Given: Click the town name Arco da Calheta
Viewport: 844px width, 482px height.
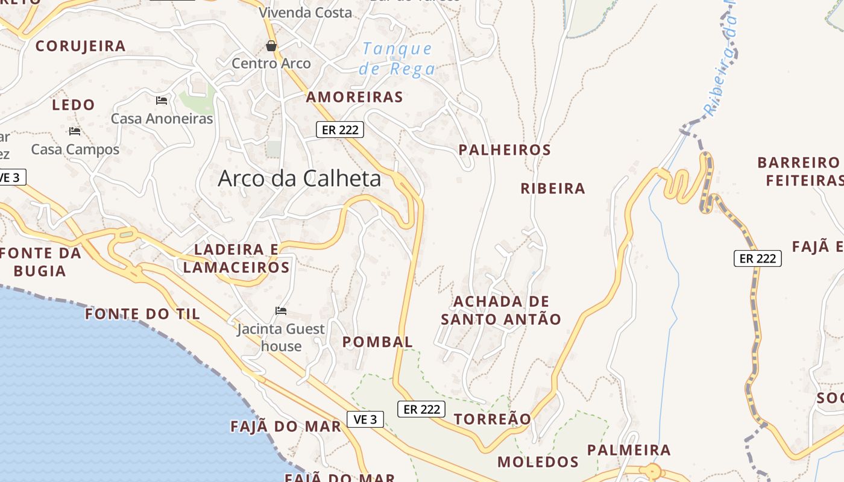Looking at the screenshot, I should pyautogui.click(x=299, y=178).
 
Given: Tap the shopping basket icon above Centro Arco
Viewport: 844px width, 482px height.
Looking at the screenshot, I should pyautogui.click(x=271, y=46).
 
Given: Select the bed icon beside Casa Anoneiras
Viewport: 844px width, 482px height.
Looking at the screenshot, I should pyautogui.click(x=162, y=100).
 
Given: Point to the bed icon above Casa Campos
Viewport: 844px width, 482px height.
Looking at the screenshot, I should pyautogui.click(x=75, y=131).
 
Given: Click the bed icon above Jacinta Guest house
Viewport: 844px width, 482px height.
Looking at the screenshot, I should pyautogui.click(x=281, y=311).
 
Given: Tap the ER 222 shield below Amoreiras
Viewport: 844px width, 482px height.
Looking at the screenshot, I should pyautogui.click(x=340, y=129).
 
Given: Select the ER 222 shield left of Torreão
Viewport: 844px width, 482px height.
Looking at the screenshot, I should pyautogui.click(x=421, y=409).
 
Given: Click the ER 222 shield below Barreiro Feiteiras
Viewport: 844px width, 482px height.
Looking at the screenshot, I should pyautogui.click(x=757, y=258).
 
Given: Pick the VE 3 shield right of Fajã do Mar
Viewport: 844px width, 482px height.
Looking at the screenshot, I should pyautogui.click(x=365, y=419).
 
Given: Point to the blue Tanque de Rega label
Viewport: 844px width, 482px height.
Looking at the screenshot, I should pyautogui.click(x=397, y=58).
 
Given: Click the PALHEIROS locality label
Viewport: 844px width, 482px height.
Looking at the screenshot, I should pyautogui.click(x=505, y=150).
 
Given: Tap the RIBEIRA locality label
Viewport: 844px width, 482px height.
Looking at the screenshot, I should pyautogui.click(x=553, y=189).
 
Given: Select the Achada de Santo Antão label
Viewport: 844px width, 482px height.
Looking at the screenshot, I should pyautogui.click(x=501, y=310).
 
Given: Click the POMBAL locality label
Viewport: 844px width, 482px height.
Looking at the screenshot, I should pyautogui.click(x=377, y=342).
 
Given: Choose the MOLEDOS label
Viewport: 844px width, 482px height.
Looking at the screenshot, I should pyautogui.click(x=538, y=462).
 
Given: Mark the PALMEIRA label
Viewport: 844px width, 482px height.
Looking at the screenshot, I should pyautogui.click(x=628, y=450).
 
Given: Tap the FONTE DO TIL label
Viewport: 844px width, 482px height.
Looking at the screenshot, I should pyautogui.click(x=142, y=314).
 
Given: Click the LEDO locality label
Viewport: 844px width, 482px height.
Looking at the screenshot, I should pyautogui.click(x=74, y=105).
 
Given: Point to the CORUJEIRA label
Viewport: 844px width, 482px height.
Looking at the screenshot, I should pyautogui.click(x=80, y=46).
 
